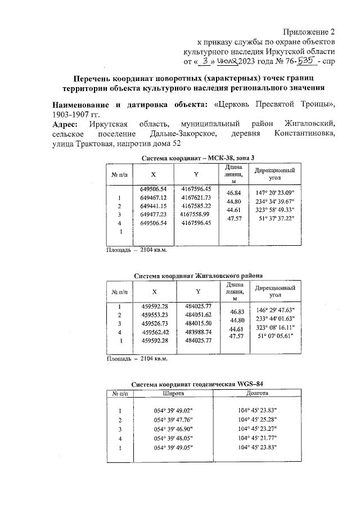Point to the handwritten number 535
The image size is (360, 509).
tap(303, 61)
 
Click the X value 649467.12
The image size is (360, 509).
tap(154, 198)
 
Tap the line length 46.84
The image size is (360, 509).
tap(233, 193)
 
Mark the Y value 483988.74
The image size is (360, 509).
tap(198, 332)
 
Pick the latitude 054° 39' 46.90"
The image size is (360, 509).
tap(173, 429)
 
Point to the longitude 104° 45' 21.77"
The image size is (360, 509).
tap(257, 438)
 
